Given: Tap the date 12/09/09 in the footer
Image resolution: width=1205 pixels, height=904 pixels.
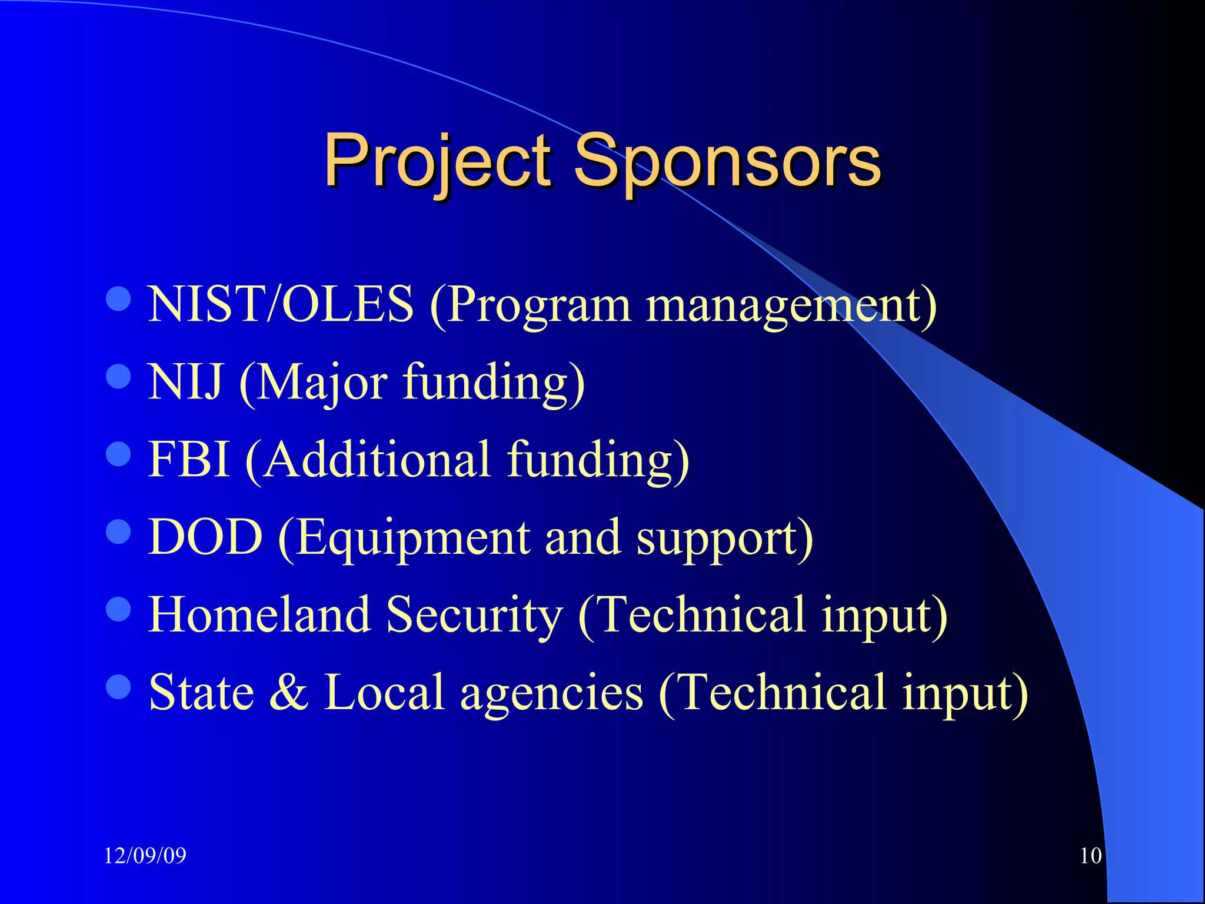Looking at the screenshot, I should (x=145, y=855).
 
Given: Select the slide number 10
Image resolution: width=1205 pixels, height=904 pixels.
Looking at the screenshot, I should (x=1090, y=855).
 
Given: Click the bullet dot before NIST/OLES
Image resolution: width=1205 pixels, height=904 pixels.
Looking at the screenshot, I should (x=118, y=299).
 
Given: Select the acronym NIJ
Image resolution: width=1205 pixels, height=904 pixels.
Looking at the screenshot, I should (x=185, y=382).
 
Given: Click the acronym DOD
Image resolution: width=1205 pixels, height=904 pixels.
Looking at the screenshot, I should (x=205, y=537).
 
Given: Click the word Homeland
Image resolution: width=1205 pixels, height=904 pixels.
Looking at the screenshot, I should (x=259, y=614).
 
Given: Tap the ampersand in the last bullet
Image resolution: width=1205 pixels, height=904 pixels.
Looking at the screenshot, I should (x=288, y=692).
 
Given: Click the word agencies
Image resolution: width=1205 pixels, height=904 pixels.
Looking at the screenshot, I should (x=551, y=694).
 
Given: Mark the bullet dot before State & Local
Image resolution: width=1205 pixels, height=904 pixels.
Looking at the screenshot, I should (x=118, y=686).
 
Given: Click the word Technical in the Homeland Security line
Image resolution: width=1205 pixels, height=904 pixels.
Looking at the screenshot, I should (x=700, y=614).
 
